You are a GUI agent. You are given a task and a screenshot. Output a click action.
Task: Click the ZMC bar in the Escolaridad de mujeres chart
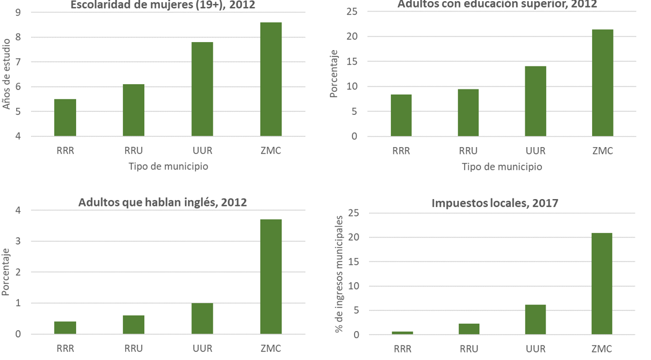tap(270, 80)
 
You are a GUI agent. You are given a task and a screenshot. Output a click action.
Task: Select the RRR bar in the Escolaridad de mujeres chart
tap(65, 118)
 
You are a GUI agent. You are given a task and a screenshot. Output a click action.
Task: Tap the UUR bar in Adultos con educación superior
tap(535, 102)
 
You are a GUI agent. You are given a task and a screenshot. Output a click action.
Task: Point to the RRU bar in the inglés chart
tap(133, 324)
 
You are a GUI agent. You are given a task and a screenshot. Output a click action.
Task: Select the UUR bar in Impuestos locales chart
tap(535, 320)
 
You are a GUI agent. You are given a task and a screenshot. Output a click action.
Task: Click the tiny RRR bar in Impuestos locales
tap(402, 333)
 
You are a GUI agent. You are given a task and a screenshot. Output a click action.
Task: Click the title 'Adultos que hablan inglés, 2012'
tap(163, 202)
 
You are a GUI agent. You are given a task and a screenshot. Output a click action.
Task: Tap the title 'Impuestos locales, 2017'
tap(495, 203)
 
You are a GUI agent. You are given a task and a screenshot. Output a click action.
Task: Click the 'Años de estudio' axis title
tap(6, 74)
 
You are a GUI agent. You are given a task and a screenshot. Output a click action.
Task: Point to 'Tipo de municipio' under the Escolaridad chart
tap(168, 166)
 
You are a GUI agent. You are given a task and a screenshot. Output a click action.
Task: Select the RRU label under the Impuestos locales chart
tap(469, 348)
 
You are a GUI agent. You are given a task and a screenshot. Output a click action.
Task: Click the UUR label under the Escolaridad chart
tap(202, 151)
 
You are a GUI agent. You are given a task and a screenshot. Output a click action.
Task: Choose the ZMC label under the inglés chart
tap(270, 348)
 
